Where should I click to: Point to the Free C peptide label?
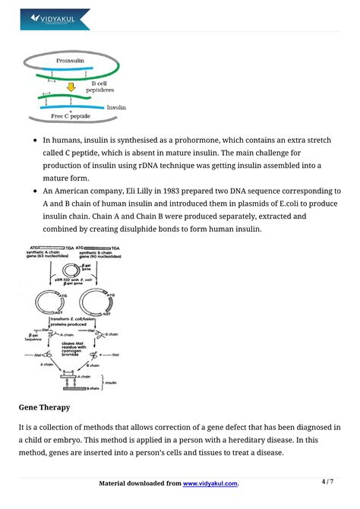(x=70, y=116)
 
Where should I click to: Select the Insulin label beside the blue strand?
(x=115, y=108)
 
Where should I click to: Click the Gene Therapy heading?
(x=46, y=407)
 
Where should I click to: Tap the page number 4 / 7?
(x=327, y=482)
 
